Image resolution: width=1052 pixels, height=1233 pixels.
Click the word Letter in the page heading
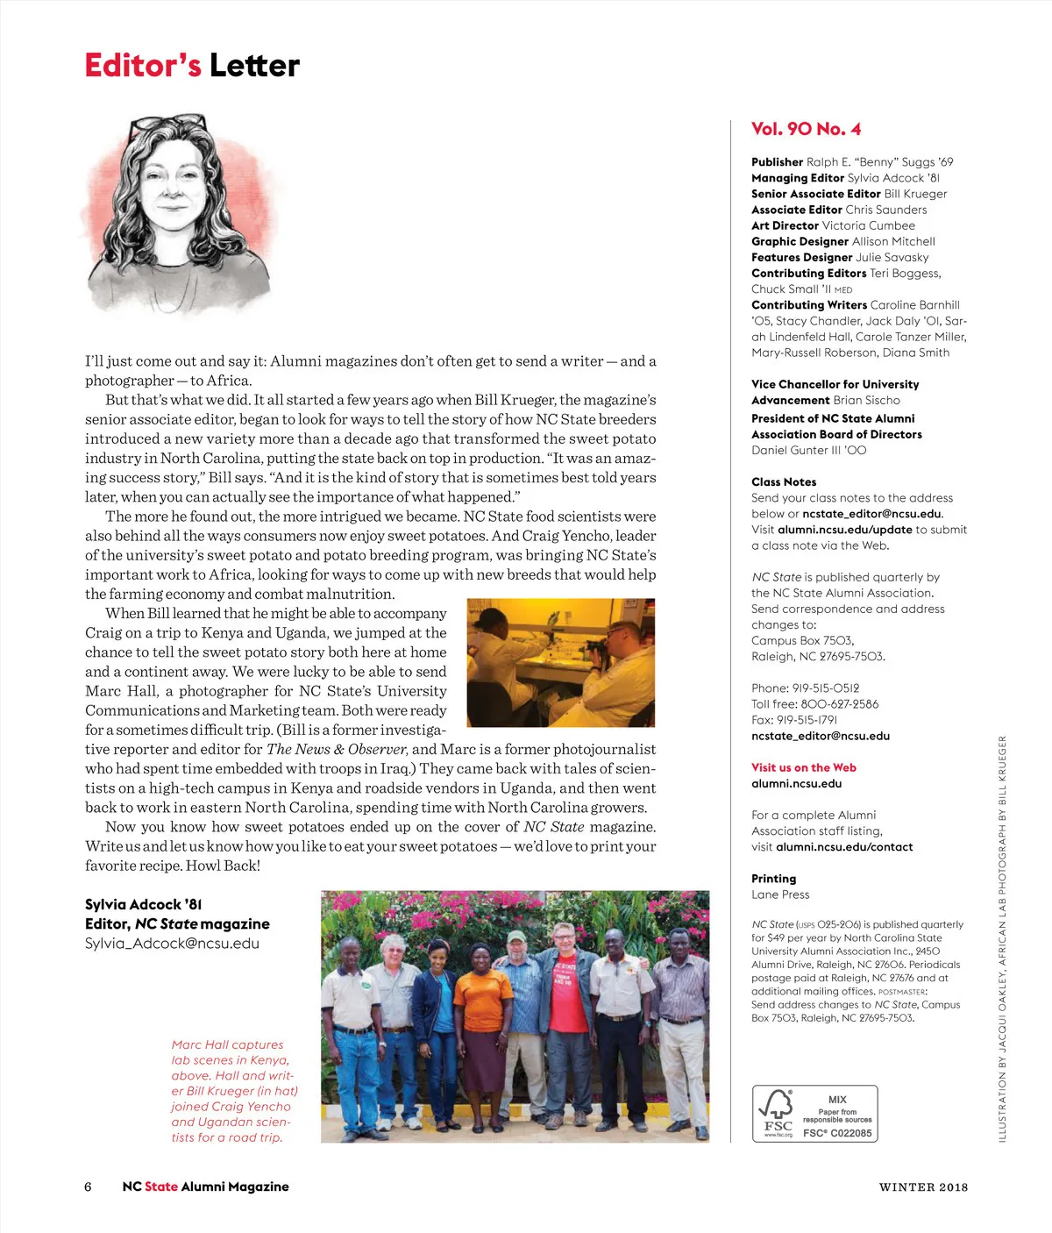(254, 66)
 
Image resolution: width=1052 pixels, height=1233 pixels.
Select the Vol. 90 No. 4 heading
(806, 129)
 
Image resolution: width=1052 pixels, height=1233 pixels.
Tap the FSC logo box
(814, 1114)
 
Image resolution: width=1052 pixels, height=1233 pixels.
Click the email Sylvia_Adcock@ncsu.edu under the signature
(172, 944)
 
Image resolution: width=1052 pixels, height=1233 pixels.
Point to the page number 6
(88, 1187)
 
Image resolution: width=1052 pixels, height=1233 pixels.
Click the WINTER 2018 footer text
(923, 1187)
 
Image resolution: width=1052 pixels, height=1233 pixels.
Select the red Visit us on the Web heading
(803, 767)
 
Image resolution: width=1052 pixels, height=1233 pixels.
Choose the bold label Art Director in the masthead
(785, 225)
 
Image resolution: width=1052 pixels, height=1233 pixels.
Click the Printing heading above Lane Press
(773, 879)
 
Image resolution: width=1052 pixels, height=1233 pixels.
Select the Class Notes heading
(784, 481)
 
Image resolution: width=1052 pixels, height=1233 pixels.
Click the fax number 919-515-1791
(807, 720)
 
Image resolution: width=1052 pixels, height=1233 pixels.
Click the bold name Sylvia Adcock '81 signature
(144, 904)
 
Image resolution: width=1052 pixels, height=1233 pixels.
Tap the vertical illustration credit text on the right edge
(1002, 938)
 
